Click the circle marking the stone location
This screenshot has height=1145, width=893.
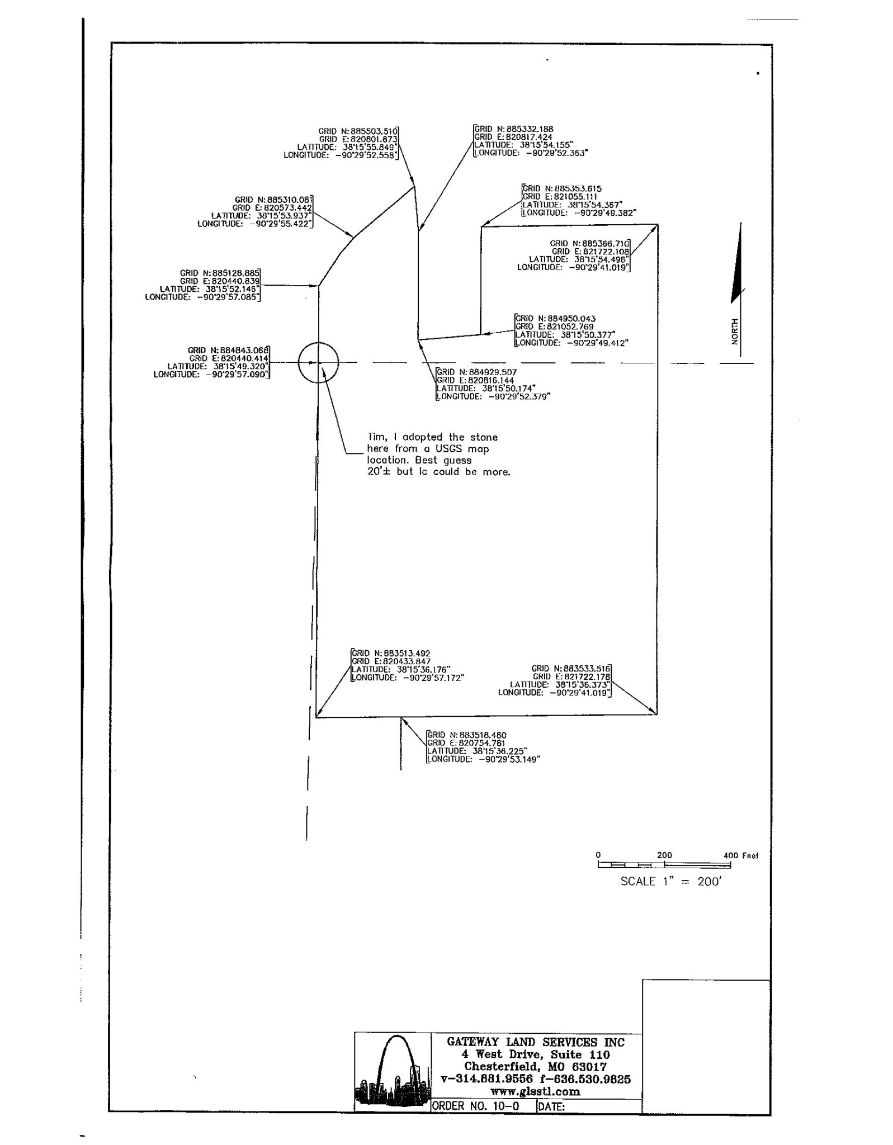coord(318,362)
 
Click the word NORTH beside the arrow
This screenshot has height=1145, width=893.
coord(735,331)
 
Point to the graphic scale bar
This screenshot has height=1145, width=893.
coord(664,865)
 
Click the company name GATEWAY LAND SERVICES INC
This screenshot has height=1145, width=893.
coord(535,1042)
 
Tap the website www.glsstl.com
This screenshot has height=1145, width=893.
coord(535,1091)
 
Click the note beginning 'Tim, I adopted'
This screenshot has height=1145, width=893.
coord(438,454)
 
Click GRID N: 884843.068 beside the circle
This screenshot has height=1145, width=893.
coord(229,351)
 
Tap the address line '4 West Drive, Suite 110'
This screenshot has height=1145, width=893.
coord(535,1054)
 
